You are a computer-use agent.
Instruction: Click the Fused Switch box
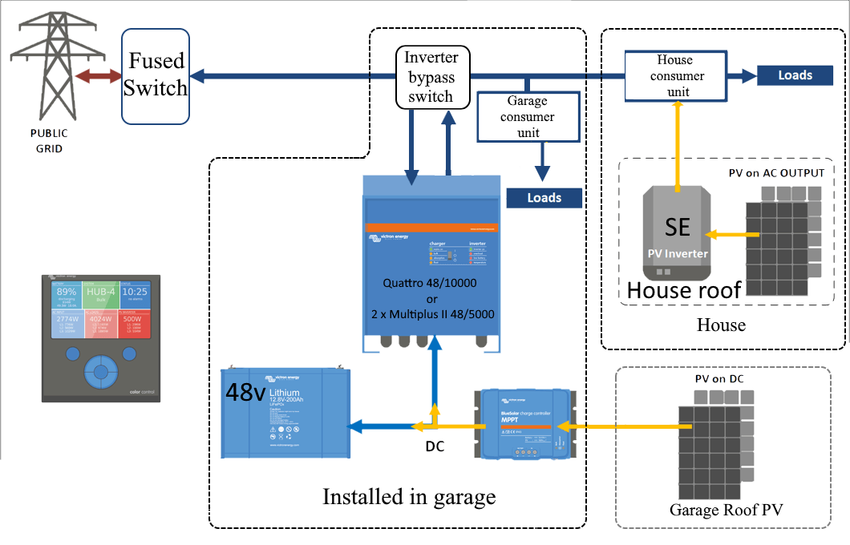pos(156,76)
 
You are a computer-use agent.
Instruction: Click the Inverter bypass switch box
pos(431,78)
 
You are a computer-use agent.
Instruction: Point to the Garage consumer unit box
pos(527,117)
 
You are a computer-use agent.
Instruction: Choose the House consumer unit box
pos(674,76)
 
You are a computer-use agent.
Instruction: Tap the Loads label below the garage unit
pos(544,197)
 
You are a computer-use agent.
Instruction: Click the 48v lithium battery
pos(286,413)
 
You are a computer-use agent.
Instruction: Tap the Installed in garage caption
pos(409,497)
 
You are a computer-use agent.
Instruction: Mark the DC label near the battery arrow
pos(435,446)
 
